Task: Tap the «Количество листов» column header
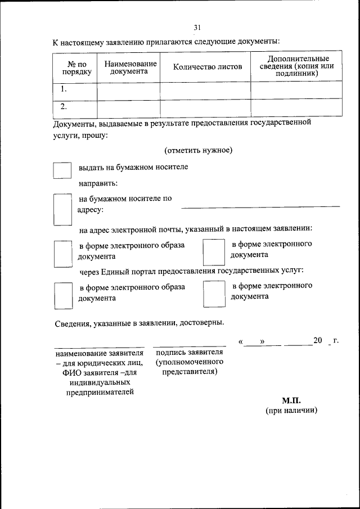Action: tap(207, 67)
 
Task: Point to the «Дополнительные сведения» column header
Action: tap(296, 66)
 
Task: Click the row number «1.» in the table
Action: tap(64, 89)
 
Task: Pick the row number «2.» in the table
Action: tap(64, 106)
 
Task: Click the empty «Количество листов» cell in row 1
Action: tap(205, 89)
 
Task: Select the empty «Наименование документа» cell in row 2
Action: tap(129, 107)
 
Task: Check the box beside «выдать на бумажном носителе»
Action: tap(62, 171)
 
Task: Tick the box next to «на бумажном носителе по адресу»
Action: tap(62, 209)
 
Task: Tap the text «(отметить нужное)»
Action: tap(199, 150)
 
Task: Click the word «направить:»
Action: tap(98, 183)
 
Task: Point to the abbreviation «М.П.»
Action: tap(292, 400)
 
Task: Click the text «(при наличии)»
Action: tap(292, 411)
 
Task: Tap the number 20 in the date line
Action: tap(318, 341)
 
